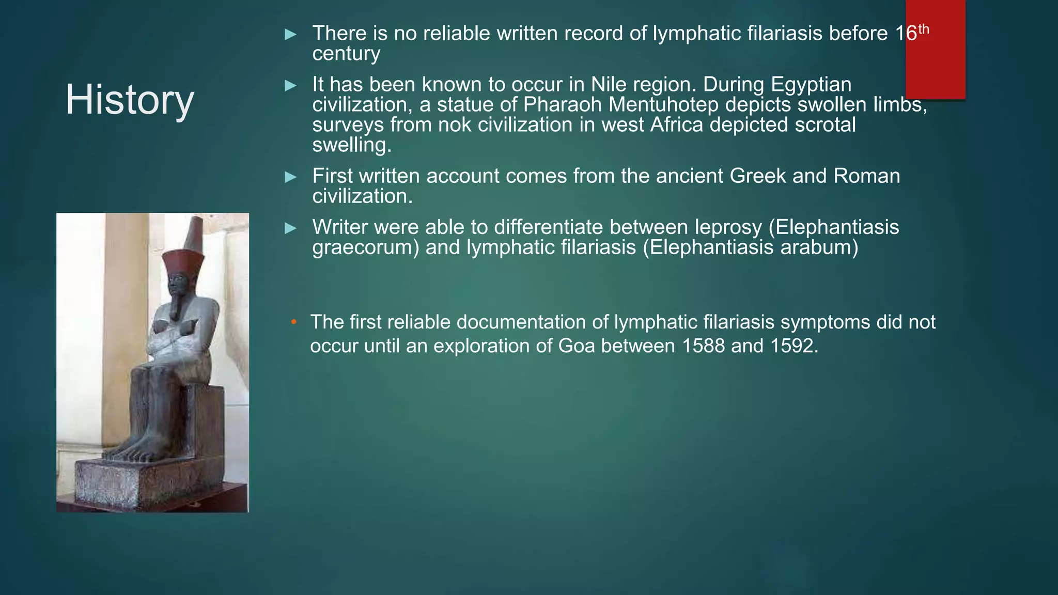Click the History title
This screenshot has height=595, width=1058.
(x=129, y=100)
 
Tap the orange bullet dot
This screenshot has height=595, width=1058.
(x=293, y=322)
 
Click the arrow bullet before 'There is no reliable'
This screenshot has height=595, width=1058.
(x=291, y=35)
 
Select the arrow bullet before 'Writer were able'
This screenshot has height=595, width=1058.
(x=291, y=228)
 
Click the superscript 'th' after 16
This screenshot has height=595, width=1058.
(x=923, y=29)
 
